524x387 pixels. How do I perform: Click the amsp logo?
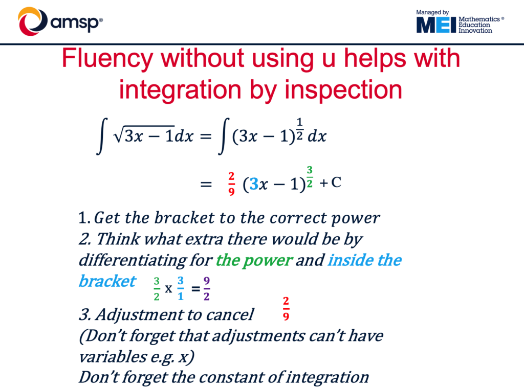click(x=60, y=21)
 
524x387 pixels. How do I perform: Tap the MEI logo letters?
click(x=436, y=25)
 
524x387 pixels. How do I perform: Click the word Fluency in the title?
click(x=107, y=59)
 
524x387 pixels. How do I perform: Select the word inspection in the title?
click(x=343, y=90)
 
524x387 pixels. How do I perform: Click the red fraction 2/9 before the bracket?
click(x=231, y=184)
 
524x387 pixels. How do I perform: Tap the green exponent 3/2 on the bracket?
click(x=310, y=177)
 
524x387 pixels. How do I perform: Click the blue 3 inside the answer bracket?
click(x=254, y=184)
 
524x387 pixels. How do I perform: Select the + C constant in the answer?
click(x=330, y=183)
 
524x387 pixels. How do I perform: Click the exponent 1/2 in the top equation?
click(x=300, y=128)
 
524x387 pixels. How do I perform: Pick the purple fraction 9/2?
click(x=207, y=288)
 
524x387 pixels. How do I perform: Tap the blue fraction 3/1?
click(x=181, y=288)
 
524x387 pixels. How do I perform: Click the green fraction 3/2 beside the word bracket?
click(x=157, y=289)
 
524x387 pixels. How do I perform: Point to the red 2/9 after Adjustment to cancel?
click(x=286, y=309)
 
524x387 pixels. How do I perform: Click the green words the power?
click(x=254, y=260)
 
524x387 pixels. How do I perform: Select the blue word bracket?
click(x=107, y=281)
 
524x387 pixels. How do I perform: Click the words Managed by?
click(x=432, y=12)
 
